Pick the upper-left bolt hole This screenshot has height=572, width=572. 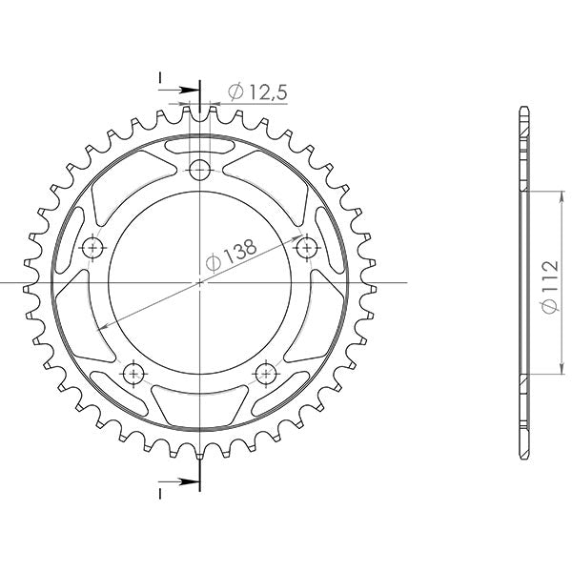point(92,248)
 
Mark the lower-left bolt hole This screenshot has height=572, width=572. point(133,372)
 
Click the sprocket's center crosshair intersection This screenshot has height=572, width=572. point(199,283)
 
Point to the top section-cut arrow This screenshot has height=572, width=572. point(192,92)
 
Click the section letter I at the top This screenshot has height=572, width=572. point(160,75)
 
